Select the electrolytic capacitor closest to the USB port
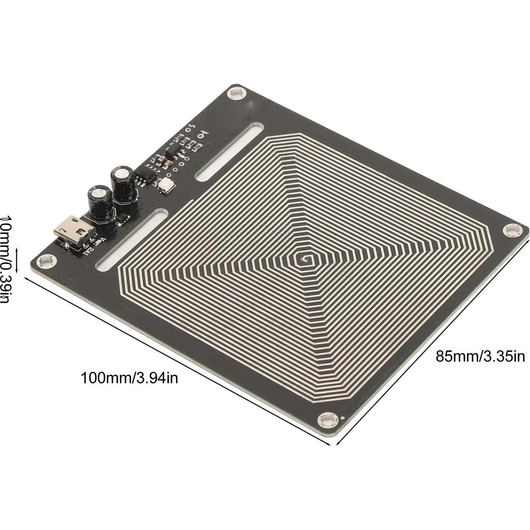pyautogui.click(x=98, y=202)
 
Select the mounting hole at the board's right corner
pyautogui.click(x=512, y=230)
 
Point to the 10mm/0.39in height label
pyautogui.click(x=6, y=259)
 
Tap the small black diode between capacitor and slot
pyautogui.click(x=121, y=218)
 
